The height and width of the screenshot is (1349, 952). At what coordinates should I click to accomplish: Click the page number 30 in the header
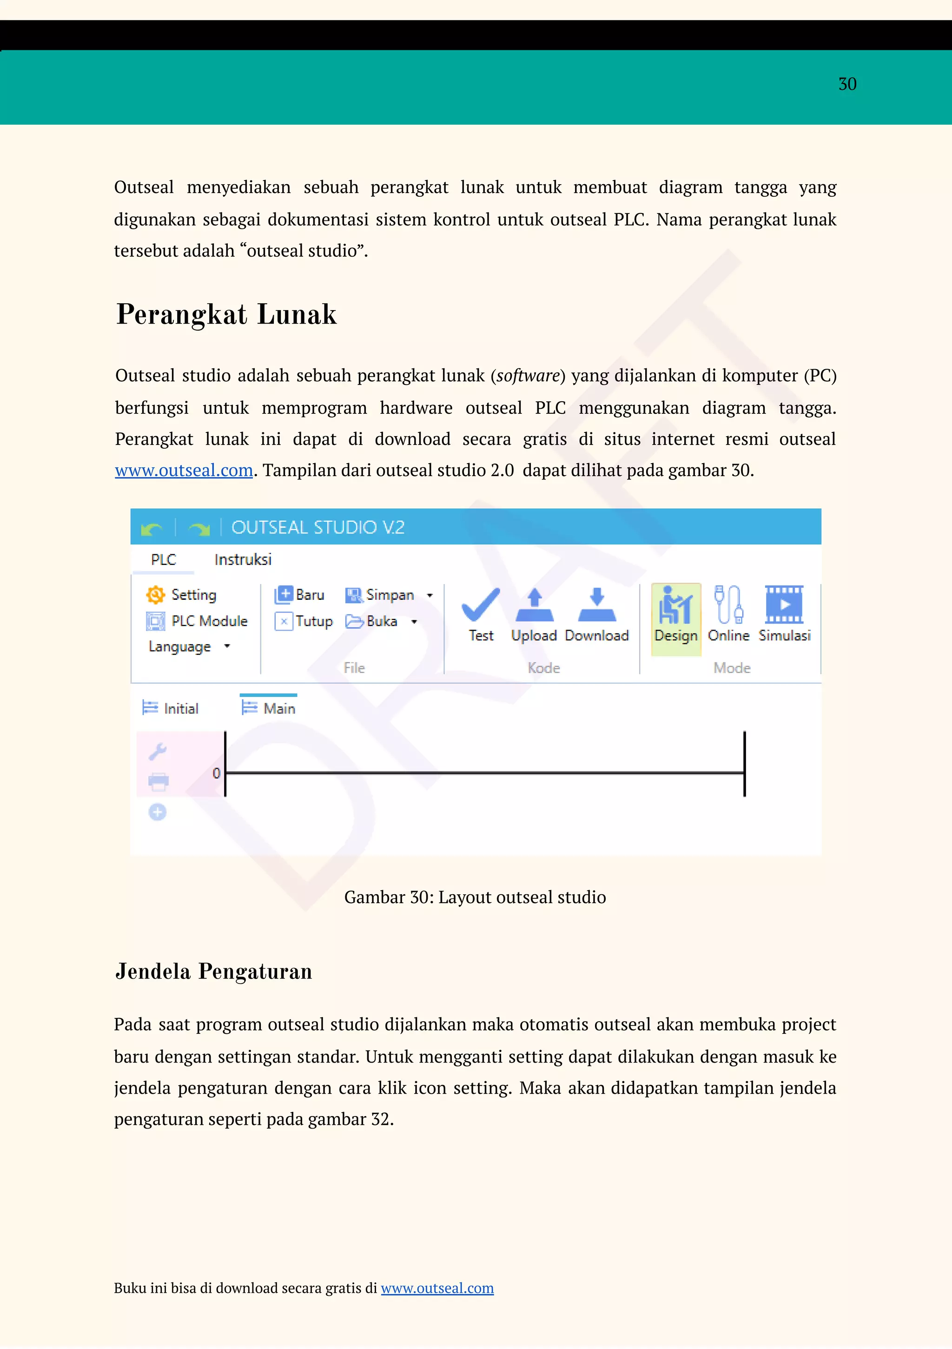tap(847, 84)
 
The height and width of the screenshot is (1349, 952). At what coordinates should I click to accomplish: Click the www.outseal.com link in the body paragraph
tap(184, 471)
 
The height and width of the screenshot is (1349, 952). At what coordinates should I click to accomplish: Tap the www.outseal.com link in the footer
tap(437, 1288)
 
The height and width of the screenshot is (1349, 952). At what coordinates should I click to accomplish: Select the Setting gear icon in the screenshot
tap(156, 595)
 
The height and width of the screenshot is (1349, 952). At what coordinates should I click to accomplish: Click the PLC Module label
tap(209, 621)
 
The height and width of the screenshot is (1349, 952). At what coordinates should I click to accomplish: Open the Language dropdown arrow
tap(227, 646)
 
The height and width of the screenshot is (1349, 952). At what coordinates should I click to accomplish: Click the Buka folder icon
tap(354, 622)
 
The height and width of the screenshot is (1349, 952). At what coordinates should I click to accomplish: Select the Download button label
tap(597, 636)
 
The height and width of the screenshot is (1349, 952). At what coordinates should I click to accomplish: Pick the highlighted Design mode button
tap(676, 618)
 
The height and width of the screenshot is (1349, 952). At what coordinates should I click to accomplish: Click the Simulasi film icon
tap(784, 605)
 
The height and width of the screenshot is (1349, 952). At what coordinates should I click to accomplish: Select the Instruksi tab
tap(243, 560)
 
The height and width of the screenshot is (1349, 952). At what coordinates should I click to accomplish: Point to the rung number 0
tap(216, 773)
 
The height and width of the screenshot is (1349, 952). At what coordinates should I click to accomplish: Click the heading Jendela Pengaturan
tap(213, 972)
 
